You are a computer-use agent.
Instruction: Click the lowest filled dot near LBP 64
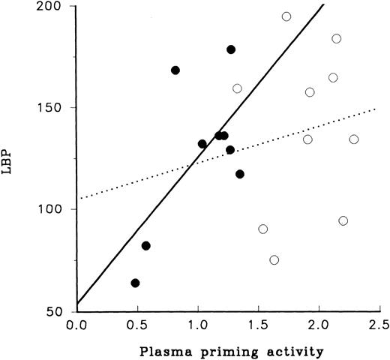point(135,283)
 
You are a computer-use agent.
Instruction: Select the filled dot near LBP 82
point(145,246)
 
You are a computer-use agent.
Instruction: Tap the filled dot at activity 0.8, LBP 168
point(175,70)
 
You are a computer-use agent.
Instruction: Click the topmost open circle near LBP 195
point(286,16)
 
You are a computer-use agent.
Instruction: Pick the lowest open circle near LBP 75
point(274,260)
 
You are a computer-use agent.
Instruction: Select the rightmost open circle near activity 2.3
point(354,139)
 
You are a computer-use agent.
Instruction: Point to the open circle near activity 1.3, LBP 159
point(237,88)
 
